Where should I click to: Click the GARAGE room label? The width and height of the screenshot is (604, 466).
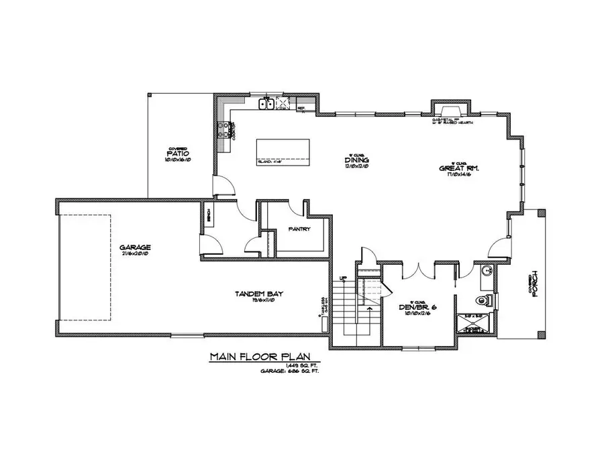point(136,247)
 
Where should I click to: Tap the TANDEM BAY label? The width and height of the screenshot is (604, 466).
point(252,294)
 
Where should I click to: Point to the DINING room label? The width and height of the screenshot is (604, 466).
point(354,160)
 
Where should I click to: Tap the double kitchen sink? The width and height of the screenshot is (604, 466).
point(266,103)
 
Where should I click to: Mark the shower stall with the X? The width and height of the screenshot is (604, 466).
point(477,325)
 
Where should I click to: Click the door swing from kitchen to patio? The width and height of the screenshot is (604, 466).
point(224,187)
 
